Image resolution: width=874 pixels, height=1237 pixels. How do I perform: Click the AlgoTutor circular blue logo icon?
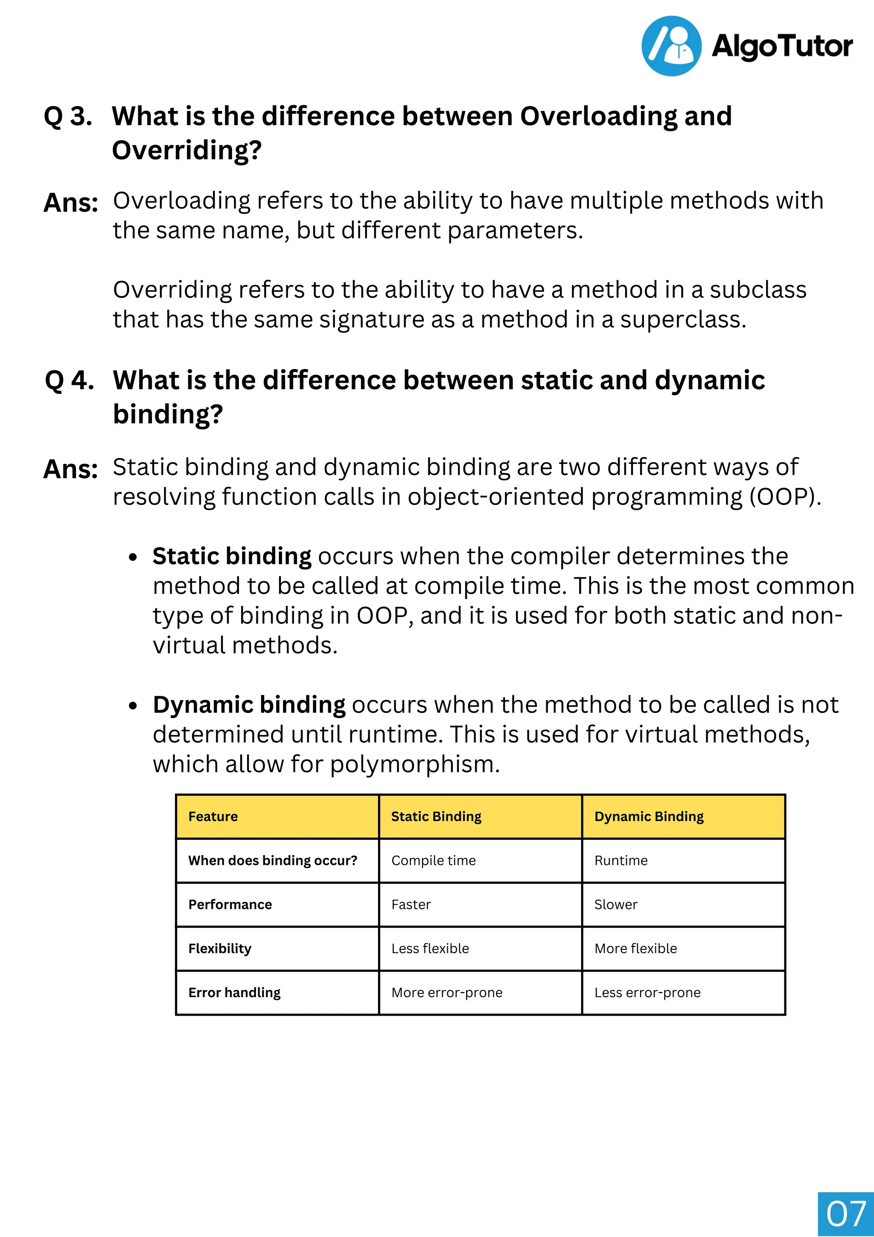(x=671, y=46)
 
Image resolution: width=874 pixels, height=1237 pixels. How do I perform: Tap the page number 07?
(x=845, y=1214)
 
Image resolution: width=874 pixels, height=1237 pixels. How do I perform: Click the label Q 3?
(x=68, y=116)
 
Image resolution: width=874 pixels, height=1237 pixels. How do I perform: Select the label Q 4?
(x=69, y=380)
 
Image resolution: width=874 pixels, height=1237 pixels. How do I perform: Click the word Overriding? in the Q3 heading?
(x=186, y=150)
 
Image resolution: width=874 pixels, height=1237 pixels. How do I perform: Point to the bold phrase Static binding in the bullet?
(x=232, y=556)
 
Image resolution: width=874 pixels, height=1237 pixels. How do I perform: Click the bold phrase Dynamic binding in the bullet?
(x=249, y=705)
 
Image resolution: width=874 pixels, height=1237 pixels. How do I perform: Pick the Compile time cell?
(x=433, y=860)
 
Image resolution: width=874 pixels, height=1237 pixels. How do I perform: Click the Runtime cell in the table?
(x=621, y=860)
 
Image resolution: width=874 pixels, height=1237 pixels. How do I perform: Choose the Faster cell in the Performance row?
(x=411, y=905)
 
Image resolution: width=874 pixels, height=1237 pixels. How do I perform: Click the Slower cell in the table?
(x=615, y=905)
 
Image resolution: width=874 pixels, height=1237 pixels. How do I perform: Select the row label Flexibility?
(x=220, y=949)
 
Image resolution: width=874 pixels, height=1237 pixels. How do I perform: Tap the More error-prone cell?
(x=447, y=993)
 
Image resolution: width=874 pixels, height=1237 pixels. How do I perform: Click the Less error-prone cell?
(x=647, y=993)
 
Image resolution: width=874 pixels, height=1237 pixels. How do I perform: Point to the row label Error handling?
(x=234, y=993)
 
